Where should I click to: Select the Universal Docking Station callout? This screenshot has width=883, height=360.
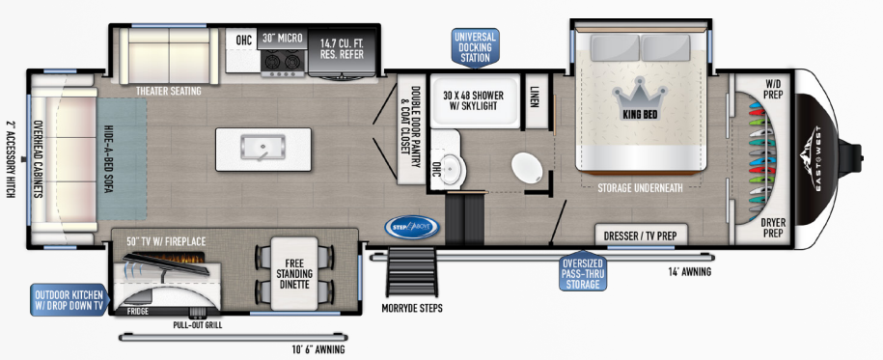[476, 46]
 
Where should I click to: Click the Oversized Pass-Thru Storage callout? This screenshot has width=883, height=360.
[583, 272]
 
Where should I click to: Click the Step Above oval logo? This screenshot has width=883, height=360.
[412, 227]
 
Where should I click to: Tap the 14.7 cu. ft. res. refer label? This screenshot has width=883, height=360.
[343, 48]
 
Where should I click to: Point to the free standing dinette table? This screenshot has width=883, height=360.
[294, 274]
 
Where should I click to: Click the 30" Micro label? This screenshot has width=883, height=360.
[283, 39]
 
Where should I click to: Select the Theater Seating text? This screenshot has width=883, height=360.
[168, 91]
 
